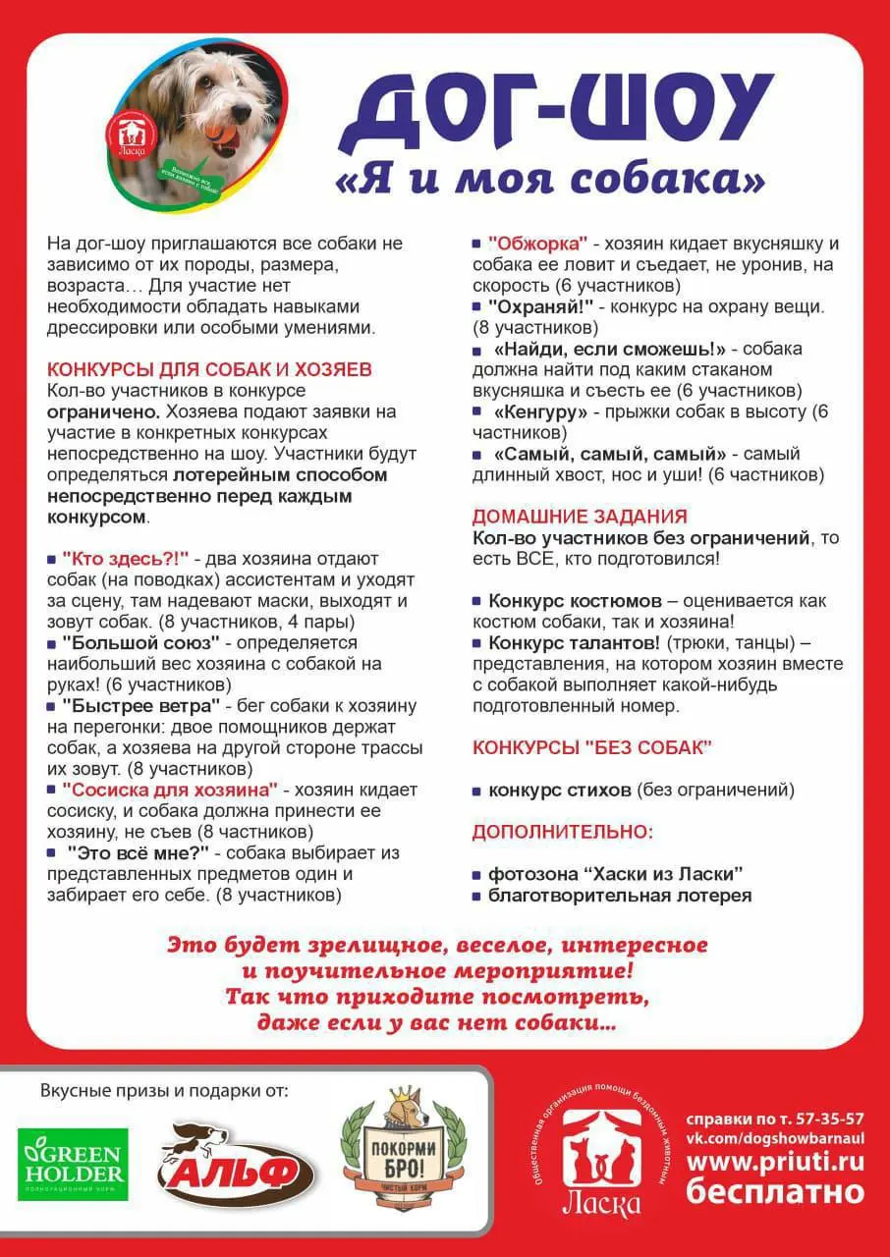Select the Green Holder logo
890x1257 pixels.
point(72,1165)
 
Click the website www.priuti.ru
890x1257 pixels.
point(775,1161)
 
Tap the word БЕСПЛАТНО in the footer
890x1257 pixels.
point(775,1192)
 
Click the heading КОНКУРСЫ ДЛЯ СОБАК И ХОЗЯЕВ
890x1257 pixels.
point(209,369)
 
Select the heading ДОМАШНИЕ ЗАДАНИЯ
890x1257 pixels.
point(580,517)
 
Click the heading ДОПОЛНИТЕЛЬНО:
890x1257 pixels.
point(563,832)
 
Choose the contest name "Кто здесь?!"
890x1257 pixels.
point(125,559)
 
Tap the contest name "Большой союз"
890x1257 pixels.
point(139,643)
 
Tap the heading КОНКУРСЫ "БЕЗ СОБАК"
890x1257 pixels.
point(592,747)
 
